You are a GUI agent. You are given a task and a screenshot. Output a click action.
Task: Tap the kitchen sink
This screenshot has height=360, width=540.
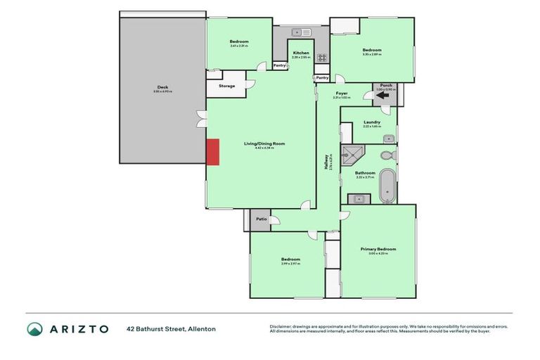click(302, 32)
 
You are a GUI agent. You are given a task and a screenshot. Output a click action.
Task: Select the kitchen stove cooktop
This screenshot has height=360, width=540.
click(322, 58)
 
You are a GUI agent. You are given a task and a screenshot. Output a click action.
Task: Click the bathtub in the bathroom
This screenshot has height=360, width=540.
click(387, 186)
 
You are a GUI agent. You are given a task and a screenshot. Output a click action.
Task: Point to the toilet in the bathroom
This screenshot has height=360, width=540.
click(387, 155)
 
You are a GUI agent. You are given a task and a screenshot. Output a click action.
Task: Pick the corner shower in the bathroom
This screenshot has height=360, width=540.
click(350, 156)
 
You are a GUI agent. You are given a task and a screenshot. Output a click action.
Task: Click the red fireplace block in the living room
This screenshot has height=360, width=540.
click(212, 152)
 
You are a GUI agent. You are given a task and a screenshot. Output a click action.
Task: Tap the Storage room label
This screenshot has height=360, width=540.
click(226, 86)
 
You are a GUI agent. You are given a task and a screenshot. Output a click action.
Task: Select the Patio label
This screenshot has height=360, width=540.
click(261, 219)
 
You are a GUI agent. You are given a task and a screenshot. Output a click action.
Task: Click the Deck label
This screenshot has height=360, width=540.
click(162, 88)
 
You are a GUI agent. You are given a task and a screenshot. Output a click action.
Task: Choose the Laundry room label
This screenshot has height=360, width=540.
click(372, 122)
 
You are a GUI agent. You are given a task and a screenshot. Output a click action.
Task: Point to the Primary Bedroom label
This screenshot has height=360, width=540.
click(378, 249)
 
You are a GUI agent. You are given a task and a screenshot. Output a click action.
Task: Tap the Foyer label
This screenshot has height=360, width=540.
click(342, 94)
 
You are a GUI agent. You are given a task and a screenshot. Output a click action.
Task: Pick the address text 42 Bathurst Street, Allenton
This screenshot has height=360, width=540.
click(171, 329)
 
